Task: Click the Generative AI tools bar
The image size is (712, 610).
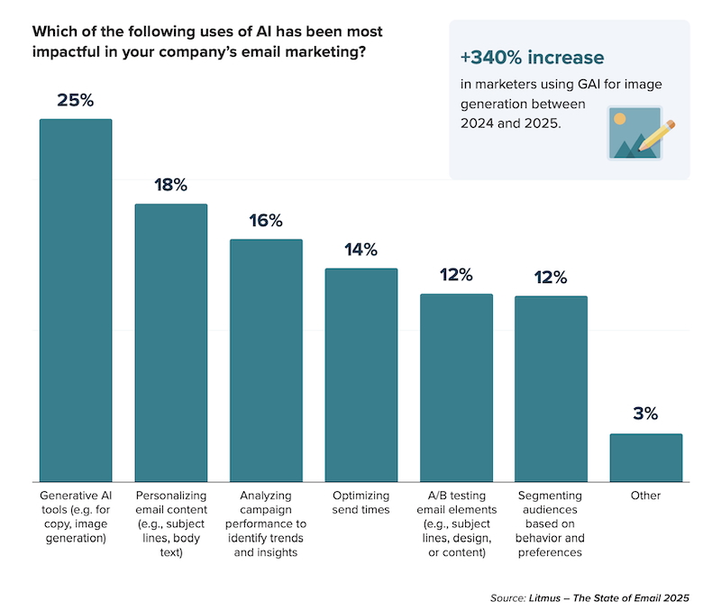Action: coord(76,300)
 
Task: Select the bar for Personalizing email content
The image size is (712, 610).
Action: coord(171,342)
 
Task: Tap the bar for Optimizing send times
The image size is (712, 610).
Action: coord(361,375)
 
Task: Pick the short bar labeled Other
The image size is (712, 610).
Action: coord(646,458)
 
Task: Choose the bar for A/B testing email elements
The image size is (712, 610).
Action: coord(456,387)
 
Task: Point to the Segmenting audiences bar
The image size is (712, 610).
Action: coord(551,388)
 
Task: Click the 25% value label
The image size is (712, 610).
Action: coord(76,100)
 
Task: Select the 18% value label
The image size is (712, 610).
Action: coord(171,185)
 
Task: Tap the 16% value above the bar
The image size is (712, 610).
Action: coord(266,221)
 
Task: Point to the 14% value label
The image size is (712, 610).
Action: coord(361,250)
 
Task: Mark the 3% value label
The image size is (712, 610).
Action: coord(646,414)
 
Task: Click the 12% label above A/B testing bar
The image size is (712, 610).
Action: coord(456,275)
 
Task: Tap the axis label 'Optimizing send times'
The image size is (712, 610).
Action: coord(361,503)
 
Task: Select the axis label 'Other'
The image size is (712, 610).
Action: coord(646,496)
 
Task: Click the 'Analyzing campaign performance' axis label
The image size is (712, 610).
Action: coord(266,515)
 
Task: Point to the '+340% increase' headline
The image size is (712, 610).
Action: coord(532,58)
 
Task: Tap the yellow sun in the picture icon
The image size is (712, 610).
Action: coord(619,119)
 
